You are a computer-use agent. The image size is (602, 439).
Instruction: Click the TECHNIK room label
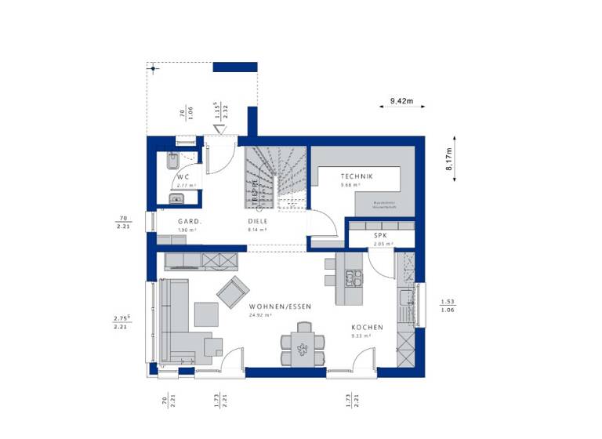point(356,177)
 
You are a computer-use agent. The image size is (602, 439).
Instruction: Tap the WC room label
point(183,177)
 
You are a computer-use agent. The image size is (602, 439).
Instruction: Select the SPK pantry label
point(380,235)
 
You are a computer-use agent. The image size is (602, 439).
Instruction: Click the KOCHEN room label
point(367,327)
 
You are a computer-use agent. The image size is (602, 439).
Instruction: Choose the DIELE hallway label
point(258,222)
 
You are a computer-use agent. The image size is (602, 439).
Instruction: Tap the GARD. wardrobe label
point(190,222)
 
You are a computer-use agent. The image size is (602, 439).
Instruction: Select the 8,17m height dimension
point(449,163)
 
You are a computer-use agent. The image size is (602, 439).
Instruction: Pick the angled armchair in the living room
point(231,292)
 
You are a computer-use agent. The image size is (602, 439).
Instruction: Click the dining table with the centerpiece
point(302,344)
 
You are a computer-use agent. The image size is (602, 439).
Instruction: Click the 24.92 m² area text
point(261,315)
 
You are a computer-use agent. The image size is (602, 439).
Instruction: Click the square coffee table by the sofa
point(206,314)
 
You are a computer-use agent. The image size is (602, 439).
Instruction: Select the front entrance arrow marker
point(220,129)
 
